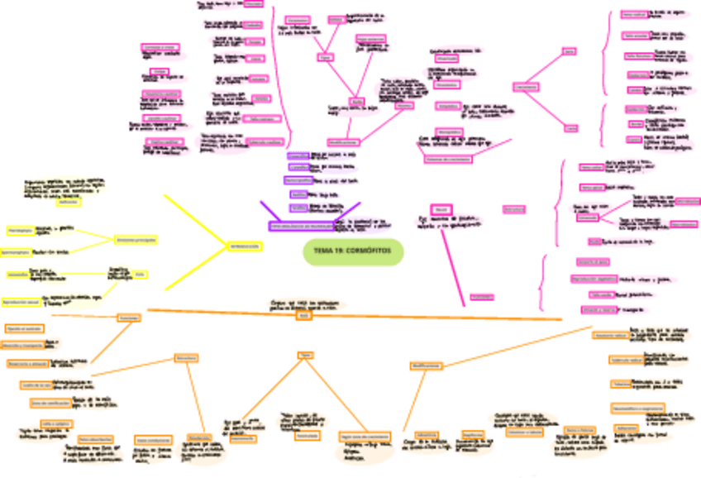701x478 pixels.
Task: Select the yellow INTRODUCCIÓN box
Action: [x=245, y=246]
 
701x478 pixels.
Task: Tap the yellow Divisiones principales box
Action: [x=136, y=239]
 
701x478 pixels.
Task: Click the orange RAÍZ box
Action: [x=303, y=316]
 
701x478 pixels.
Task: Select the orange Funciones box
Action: [x=127, y=318]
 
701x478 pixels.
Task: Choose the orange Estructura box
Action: [x=186, y=358]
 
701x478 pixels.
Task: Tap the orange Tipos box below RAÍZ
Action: [x=304, y=355]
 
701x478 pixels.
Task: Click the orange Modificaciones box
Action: [x=425, y=365]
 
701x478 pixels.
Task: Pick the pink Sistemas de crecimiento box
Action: [x=447, y=159]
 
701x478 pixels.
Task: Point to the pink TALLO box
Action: [x=441, y=208]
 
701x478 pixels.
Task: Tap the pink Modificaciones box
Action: [x=341, y=142]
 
